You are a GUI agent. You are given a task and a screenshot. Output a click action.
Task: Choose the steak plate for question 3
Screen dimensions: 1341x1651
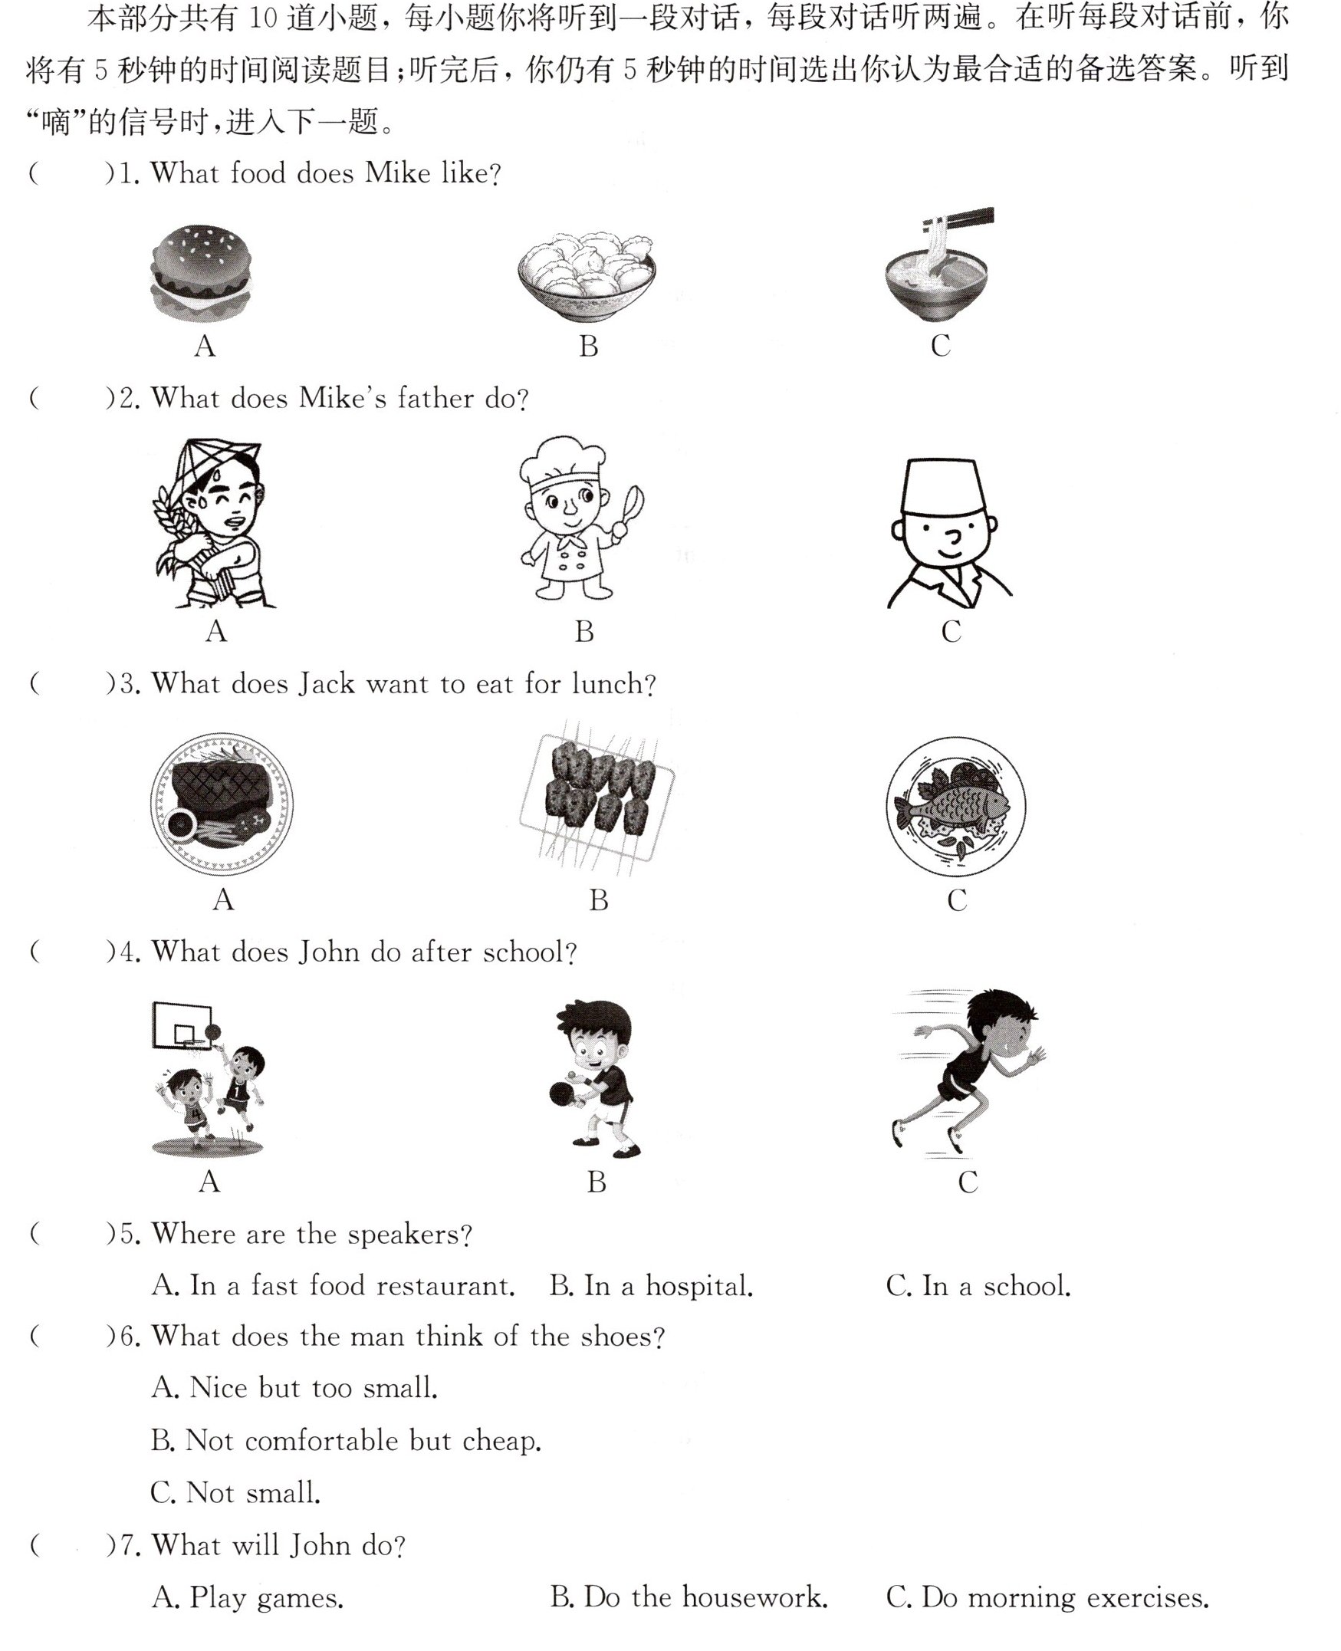point(222,804)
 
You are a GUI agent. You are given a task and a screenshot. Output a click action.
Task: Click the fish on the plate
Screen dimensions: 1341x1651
point(952,807)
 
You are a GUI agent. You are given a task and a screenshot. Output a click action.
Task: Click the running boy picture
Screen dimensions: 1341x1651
point(967,1073)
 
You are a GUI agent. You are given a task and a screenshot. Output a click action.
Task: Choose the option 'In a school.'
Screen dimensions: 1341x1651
point(978,1285)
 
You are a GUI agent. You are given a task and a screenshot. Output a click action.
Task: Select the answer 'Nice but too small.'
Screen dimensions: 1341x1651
point(294,1387)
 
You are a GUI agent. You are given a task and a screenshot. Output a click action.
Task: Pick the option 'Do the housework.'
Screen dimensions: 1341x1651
point(689,1597)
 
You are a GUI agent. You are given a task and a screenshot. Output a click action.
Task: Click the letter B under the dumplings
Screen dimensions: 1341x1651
point(589,346)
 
